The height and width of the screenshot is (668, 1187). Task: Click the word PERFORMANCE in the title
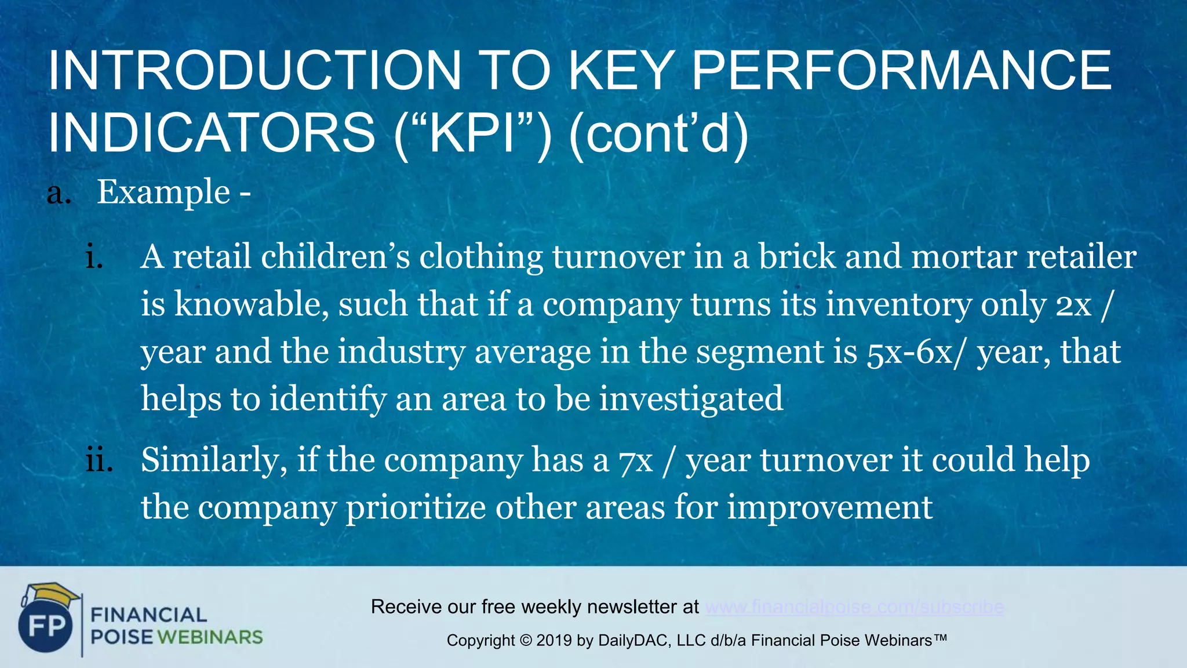click(x=901, y=71)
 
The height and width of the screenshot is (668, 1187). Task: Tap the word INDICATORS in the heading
click(x=212, y=133)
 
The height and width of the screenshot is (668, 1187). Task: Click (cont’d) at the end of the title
click(x=659, y=133)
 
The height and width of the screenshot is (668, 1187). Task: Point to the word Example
click(x=163, y=192)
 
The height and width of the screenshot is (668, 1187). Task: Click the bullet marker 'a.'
click(x=59, y=193)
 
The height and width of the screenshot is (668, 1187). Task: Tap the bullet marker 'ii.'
click(x=99, y=460)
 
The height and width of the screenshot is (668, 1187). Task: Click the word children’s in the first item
click(x=335, y=257)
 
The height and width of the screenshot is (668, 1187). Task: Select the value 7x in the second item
click(x=636, y=460)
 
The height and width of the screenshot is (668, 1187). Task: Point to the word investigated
click(x=691, y=399)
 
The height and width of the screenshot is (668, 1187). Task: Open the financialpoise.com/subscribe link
click(x=854, y=607)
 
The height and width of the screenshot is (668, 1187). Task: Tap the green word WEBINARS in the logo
click(x=210, y=637)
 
